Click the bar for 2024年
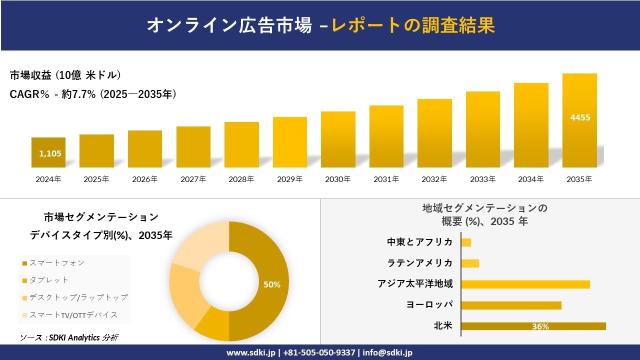pyautogui.click(x=48, y=152)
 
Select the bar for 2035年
pyautogui.click(x=579, y=120)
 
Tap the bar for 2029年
pyautogui.click(x=290, y=142)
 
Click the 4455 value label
pyautogui.click(x=580, y=117)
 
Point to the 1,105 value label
pyautogui.click(x=50, y=153)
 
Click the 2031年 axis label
pyautogui.click(x=386, y=179)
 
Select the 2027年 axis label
pyautogui.click(x=193, y=179)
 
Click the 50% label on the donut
pyautogui.click(x=272, y=284)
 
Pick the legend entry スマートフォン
pyautogui.click(x=56, y=263)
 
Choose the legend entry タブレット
pyautogui.click(x=48, y=280)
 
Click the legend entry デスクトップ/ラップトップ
pyautogui.click(x=78, y=297)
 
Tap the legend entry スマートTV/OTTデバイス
pyautogui.click(x=73, y=314)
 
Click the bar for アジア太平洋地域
pyautogui.click(x=525, y=284)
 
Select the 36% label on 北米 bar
pyautogui.click(x=540, y=326)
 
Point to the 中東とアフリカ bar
pyautogui.click(x=466, y=242)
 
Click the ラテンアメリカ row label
pyautogui.click(x=420, y=263)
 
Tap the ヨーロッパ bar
pyautogui.click(x=511, y=305)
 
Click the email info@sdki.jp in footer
pyautogui.click(x=387, y=352)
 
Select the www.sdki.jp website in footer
pyautogui.click(x=251, y=352)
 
